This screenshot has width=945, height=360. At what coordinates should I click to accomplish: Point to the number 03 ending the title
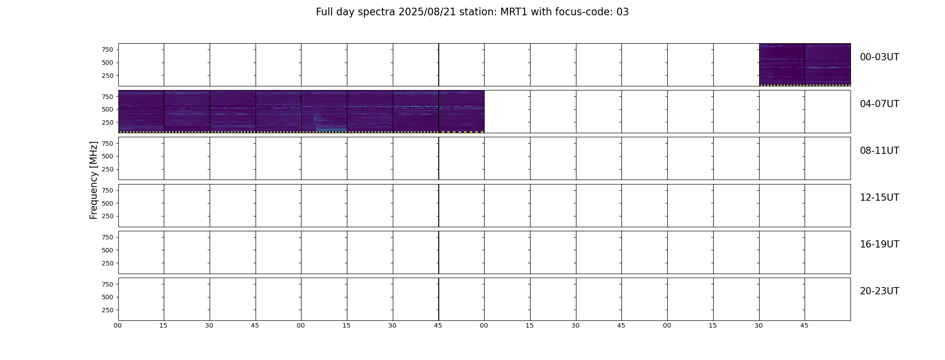(623, 12)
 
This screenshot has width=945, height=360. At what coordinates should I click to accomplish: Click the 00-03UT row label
(879, 57)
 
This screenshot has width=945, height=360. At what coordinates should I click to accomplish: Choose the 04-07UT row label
(879, 104)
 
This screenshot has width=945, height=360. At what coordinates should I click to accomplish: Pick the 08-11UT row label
(879, 151)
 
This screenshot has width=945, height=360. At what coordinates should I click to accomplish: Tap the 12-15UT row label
(879, 198)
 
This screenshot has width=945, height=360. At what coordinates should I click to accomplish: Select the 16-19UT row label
(879, 244)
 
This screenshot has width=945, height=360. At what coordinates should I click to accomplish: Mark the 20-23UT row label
(879, 291)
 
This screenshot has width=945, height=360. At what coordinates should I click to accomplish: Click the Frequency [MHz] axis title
(94, 180)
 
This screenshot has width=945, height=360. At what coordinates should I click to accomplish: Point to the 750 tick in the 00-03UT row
(108, 49)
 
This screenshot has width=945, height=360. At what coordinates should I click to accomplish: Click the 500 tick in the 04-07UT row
(108, 109)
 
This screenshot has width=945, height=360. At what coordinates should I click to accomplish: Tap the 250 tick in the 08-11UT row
(108, 169)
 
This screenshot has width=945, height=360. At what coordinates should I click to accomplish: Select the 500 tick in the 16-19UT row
(108, 250)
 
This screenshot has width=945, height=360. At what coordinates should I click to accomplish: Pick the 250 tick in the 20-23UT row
(108, 310)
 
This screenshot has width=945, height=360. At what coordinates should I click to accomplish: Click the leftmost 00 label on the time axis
(118, 325)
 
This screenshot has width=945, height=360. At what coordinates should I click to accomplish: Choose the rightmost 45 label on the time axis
(804, 325)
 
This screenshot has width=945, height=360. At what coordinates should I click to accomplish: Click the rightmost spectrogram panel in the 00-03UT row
(828, 65)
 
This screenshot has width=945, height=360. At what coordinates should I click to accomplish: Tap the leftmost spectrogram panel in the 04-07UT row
(141, 112)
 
